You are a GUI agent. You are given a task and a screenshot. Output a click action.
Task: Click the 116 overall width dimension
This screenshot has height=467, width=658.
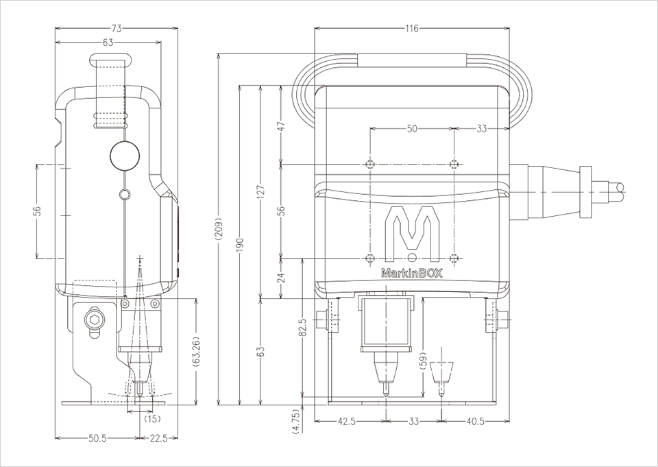click(411, 29)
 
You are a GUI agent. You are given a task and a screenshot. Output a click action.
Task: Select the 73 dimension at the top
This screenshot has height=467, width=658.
click(117, 29)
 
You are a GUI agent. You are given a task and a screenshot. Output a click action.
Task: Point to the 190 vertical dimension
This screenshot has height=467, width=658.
click(239, 245)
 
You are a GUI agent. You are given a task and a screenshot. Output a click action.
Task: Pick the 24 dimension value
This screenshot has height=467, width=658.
click(282, 278)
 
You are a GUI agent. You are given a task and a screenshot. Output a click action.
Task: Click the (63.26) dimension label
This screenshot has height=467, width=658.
click(197, 350)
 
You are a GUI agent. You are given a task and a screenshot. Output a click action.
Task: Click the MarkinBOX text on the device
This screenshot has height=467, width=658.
click(411, 272)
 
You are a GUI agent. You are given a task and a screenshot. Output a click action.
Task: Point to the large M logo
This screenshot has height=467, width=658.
click(411, 232)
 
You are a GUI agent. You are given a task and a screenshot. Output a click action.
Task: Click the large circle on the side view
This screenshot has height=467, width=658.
click(123, 156)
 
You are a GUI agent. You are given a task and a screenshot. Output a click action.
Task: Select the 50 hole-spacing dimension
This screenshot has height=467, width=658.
click(411, 128)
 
